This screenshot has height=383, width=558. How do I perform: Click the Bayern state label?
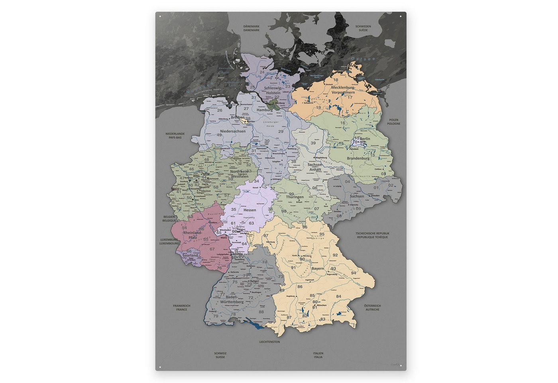coord(318,268)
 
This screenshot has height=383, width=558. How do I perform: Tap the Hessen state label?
coord(250,210)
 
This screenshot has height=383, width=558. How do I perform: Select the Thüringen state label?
coord(295,197)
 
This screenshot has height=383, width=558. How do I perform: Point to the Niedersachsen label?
coord(232,131)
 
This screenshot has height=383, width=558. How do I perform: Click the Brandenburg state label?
coord(358,158)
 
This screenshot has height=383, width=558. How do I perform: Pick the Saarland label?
coord(190,255)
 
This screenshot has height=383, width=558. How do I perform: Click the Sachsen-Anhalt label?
coord(314,167)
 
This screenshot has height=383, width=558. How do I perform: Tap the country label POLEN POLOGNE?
coord(393,122)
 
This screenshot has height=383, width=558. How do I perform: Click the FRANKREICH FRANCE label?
coord(181,308)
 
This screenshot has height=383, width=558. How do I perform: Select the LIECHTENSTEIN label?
coord(269,342)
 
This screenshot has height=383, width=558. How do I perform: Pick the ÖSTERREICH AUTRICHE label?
coord(372,308)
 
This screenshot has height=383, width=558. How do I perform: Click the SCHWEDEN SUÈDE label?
coord(363,28)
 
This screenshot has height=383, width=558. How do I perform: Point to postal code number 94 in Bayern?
coord(353,273)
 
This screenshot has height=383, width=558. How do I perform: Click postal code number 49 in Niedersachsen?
coord(219,135)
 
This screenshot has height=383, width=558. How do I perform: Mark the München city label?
coord(321,305)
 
